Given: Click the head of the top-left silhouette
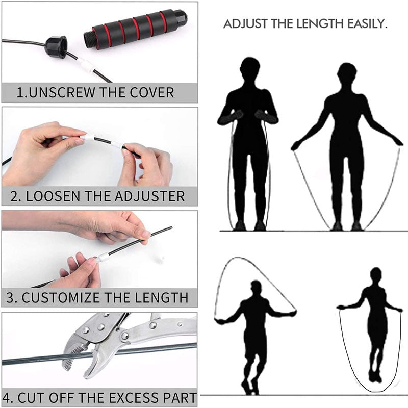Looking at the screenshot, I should click(250, 68).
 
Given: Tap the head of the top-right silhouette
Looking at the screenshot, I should click(347, 74).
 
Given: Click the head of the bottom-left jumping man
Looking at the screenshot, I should click(256, 287).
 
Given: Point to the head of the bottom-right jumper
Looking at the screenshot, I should click(376, 274).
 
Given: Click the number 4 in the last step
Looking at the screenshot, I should click(8, 397).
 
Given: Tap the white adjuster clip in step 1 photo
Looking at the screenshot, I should click(86, 65).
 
